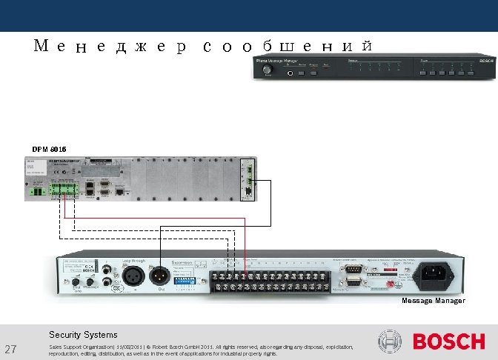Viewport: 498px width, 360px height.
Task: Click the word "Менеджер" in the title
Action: click(110, 46)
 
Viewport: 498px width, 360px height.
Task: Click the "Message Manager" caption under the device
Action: click(434, 301)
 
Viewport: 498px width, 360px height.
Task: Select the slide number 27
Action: click(11, 350)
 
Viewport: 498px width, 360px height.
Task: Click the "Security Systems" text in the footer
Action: click(83, 335)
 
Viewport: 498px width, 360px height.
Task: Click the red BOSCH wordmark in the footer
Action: click(448, 342)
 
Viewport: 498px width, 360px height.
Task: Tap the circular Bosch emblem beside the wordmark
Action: click(390, 342)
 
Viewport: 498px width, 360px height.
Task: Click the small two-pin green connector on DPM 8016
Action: click(36, 191)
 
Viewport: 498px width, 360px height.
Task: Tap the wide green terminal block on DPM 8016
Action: click(64, 191)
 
